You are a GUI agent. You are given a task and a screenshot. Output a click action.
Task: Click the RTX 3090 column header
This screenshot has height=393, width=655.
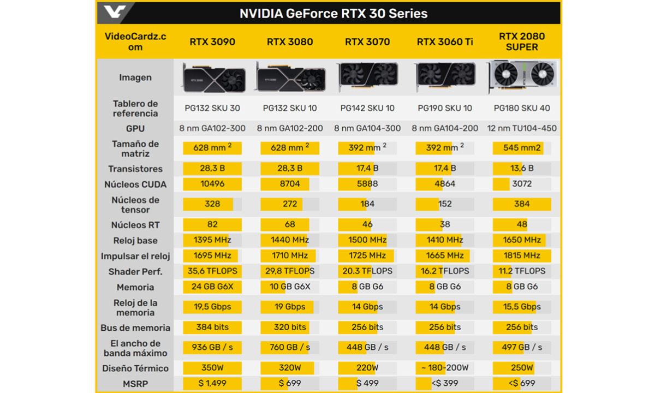[x=212, y=41]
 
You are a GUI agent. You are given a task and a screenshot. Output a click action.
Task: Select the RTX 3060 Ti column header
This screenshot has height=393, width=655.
[x=445, y=41]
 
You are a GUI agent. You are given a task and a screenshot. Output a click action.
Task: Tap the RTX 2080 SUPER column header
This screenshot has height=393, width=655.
[x=522, y=41]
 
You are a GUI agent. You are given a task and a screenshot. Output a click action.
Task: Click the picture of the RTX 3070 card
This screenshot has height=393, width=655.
[x=367, y=78]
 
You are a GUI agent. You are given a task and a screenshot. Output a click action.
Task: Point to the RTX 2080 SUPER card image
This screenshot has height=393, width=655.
[x=522, y=78]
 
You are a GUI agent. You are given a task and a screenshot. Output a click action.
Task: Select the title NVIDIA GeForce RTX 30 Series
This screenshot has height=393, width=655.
[x=334, y=14]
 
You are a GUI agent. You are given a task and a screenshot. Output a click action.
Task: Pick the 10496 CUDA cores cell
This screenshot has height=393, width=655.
[x=212, y=184]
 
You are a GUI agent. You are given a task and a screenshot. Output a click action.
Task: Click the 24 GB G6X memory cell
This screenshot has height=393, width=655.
[x=212, y=287]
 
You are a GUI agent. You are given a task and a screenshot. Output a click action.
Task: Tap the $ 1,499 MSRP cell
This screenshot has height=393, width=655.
[x=212, y=383]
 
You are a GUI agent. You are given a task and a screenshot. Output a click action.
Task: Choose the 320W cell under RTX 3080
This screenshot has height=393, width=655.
[x=290, y=368]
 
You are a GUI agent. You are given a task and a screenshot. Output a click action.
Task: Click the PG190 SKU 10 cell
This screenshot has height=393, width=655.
[x=445, y=108]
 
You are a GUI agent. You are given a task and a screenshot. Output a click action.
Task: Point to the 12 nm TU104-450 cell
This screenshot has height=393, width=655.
[x=522, y=128]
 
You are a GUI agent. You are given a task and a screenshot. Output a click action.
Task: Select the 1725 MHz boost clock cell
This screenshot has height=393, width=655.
[x=367, y=255]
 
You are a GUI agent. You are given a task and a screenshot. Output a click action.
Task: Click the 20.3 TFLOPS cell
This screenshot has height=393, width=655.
[x=367, y=271]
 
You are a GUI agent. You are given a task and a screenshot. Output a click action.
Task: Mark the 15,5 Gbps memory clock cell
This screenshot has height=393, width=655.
[x=522, y=307]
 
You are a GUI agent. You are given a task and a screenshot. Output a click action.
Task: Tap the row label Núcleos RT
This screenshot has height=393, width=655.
[x=135, y=225]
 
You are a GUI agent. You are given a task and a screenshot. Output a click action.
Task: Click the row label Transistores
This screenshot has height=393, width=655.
[x=135, y=169]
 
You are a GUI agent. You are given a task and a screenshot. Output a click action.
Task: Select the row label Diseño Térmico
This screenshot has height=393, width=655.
[x=135, y=368]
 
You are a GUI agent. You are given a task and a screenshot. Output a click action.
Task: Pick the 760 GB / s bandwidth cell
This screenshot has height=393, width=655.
[x=290, y=347]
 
